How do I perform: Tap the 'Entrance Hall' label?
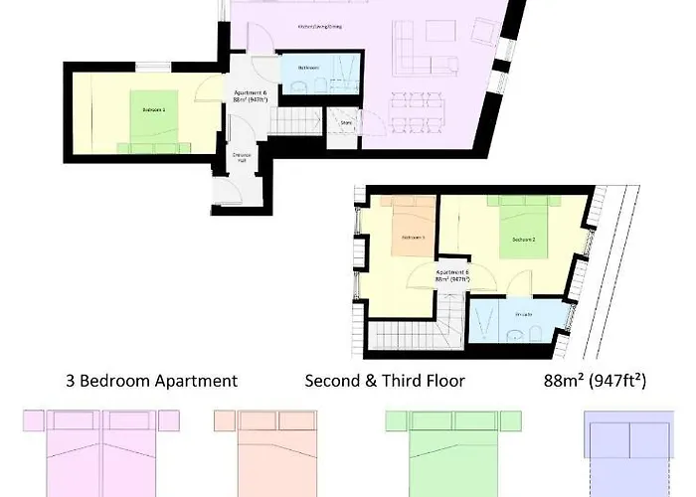click(240, 157)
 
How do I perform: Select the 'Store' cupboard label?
click(345, 124)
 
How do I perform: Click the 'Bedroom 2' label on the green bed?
click(524, 241)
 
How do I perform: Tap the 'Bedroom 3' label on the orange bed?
click(413, 239)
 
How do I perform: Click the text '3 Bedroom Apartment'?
click(151, 381)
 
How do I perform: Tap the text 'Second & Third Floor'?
click(385, 381)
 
